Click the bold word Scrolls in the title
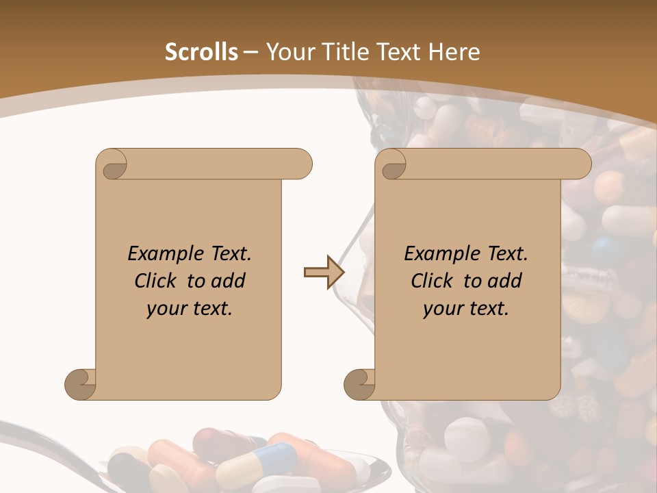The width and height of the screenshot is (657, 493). [x=201, y=52]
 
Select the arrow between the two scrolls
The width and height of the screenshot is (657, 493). [x=323, y=272]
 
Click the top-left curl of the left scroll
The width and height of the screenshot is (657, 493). [x=112, y=165]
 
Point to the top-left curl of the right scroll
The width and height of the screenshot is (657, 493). [x=392, y=165]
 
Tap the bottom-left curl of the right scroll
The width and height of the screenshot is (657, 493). [x=360, y=384]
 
